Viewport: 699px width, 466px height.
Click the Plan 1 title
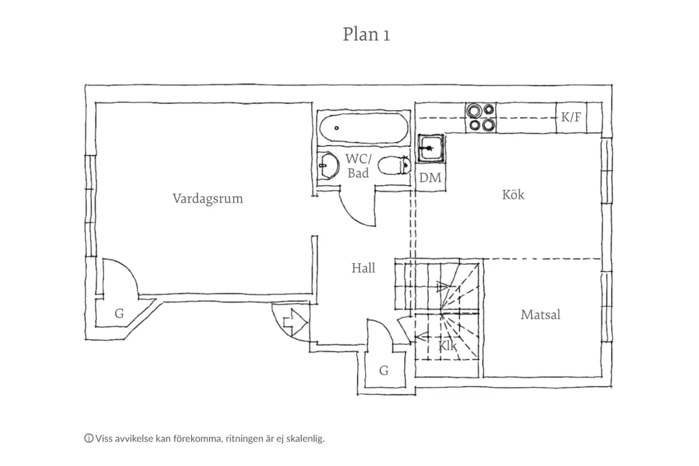366,34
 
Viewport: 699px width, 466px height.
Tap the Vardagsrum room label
208,198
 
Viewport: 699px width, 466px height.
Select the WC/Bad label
358,165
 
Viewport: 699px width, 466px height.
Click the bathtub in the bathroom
363,128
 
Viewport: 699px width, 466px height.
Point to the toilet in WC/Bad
394,166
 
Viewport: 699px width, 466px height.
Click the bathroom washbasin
328,167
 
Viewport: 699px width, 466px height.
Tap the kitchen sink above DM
431,148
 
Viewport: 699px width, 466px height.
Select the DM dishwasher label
430,178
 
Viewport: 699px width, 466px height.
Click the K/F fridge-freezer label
571,117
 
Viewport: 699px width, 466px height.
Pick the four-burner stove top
481,118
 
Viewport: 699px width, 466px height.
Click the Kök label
513,195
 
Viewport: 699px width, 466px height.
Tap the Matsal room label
541,315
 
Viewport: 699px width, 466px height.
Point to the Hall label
363,268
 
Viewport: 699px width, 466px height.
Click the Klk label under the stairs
447,346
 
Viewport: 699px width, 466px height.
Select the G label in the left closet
119,314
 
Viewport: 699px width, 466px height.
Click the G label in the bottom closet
384,370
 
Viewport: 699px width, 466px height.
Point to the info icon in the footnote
89,438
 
